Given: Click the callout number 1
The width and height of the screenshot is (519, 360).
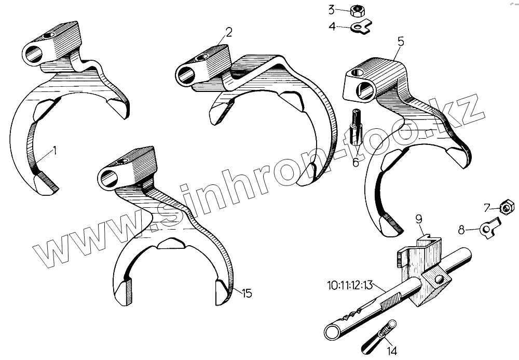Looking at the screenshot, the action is (56, 151).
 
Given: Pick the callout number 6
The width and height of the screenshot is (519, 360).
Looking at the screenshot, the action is (356, 162).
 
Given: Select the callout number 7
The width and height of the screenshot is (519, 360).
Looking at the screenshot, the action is (487, 208).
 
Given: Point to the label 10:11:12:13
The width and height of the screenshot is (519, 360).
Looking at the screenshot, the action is (349, 285).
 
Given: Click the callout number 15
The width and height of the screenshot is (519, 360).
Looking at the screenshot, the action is (247, 294).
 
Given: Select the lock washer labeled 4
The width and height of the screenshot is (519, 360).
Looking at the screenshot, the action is (362, 26).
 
